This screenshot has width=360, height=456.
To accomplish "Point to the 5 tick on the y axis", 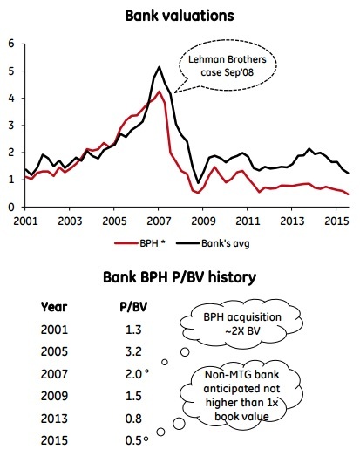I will coord(10,70).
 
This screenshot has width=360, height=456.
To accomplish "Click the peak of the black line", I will coord(159,67).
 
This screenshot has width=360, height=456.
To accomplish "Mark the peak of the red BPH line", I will coord(158,92).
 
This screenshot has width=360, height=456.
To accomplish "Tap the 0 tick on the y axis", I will coord(10,207).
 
